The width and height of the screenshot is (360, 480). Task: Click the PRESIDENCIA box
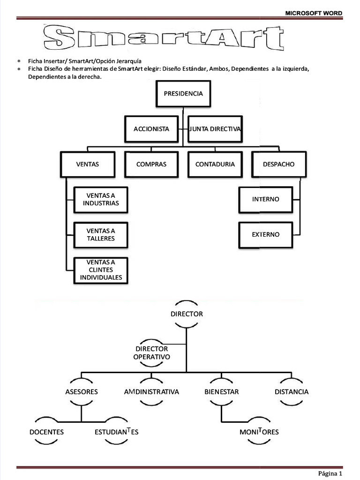point(183,94)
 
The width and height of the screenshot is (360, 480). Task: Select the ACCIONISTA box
point(151,129)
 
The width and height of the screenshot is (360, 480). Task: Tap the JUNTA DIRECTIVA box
point(215,129)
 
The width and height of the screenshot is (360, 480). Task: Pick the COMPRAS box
point(151,165)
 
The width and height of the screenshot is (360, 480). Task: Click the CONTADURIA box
point(215,165)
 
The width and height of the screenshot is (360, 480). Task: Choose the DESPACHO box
point(279,165)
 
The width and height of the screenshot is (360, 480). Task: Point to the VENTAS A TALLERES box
point(101,235)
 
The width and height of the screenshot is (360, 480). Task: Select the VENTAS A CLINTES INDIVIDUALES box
point(101,270)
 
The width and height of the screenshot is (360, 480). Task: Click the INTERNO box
point(266,199)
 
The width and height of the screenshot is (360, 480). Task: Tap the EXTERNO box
point(266,235)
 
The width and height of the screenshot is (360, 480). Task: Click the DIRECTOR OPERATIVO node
point(151,353)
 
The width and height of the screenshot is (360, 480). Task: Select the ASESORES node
point(82,392)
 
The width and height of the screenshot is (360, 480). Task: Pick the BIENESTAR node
point(222,392)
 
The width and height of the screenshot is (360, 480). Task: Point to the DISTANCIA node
point(292,392)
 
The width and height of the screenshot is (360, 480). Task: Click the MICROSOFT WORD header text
point(314,13)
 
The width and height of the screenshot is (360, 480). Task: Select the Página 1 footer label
point(330,473)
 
